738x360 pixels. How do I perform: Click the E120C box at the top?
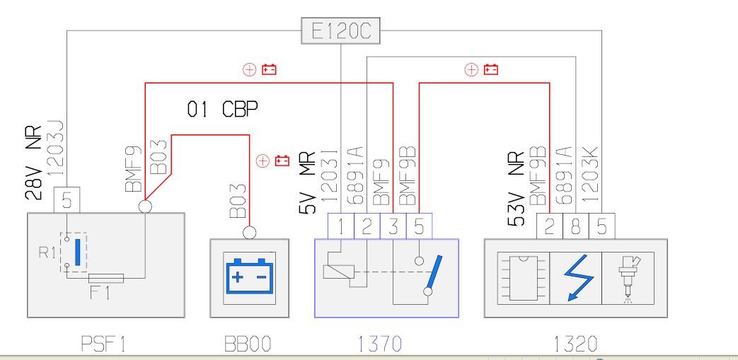tap(340, 31)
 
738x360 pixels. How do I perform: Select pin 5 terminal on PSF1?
tap(67, 200)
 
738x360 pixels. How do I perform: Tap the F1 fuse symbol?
tap(106, 278)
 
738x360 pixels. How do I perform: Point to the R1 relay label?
tap(47, 252)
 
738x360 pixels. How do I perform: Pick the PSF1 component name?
tap(103, 344)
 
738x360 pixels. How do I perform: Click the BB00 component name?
tap(248, 344)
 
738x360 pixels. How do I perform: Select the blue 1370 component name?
tap(379, 344)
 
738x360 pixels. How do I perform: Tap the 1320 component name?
tap(575, 344)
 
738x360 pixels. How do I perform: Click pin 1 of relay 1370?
tap(341, 226)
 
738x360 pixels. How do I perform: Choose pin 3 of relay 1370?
tap(393, 226)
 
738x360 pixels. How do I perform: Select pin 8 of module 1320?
tap(576, 226)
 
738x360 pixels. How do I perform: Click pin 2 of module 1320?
tap(550, 226)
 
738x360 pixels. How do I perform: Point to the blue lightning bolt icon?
tap(576, 278)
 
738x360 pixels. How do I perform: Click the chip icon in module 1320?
tap(524, 278)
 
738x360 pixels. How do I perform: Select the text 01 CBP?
tap(222, 110)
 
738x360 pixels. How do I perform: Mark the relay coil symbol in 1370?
tap(338, 272)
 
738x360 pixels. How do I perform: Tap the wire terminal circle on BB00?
tap(250, 233)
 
